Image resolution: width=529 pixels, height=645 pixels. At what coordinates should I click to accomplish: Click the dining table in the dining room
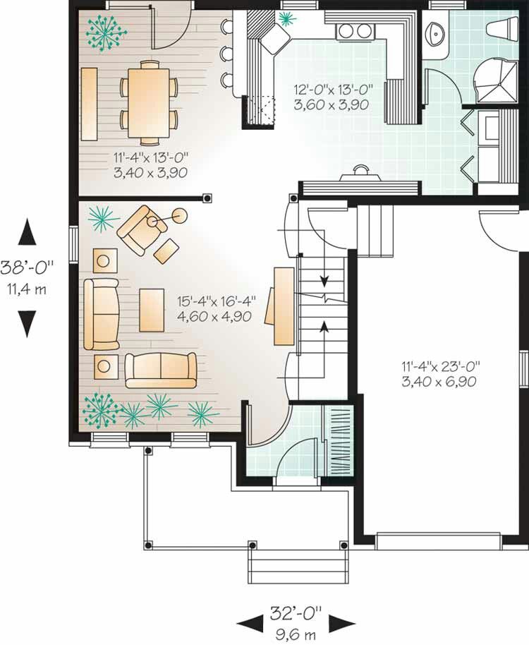tap(149, 103)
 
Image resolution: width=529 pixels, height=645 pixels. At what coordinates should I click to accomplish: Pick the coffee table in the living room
tap(152, 310)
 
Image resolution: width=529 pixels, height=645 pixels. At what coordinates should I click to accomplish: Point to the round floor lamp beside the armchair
tap(180, 215)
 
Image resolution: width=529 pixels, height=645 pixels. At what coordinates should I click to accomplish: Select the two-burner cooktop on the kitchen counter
tap(353, 31)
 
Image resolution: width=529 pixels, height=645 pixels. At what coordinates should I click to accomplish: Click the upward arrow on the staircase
tap(324, 326)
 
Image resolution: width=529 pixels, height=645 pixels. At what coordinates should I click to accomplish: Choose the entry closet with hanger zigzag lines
tap(339, 440)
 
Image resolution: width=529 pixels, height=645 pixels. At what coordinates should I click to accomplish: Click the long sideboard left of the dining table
tap(89, 104)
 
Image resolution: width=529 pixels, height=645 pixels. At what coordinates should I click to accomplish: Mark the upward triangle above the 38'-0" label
tap(27, 232)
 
